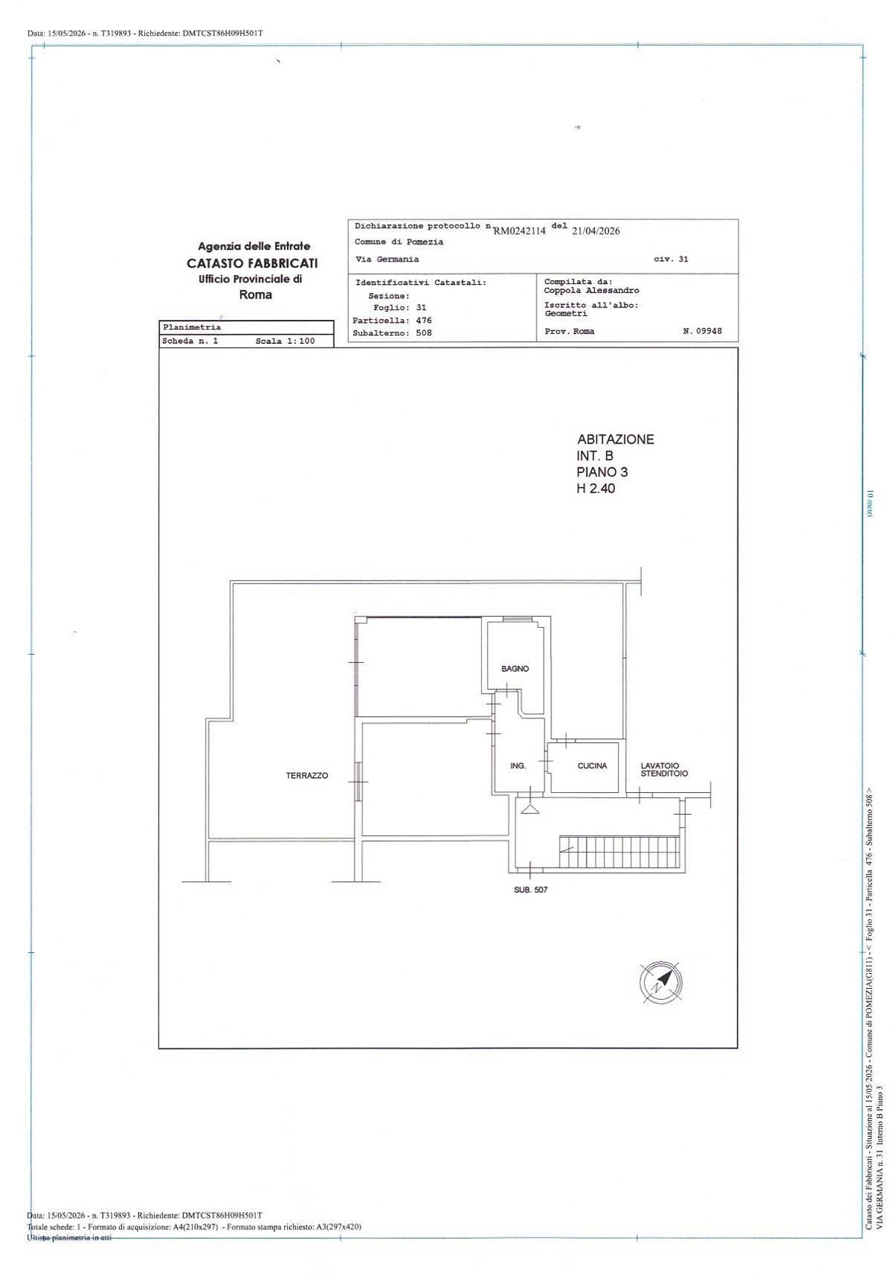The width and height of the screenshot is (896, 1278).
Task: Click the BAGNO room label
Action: point(514,668)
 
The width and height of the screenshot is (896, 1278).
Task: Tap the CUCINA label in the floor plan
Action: point(592,765)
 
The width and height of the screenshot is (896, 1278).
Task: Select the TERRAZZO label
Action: point(307,775)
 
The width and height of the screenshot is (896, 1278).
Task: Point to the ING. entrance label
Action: point(518,765)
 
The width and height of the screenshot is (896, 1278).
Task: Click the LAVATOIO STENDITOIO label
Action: point(664,770)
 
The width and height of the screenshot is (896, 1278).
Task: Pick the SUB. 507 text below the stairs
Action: point(531,889)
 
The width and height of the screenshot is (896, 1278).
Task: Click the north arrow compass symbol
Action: point(661,981)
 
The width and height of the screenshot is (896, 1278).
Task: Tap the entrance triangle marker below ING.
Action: point(530,809)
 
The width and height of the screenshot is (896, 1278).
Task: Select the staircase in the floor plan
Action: point(620,852)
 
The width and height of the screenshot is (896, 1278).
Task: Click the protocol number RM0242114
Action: point(519,231)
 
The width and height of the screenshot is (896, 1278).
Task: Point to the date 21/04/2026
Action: point(596,231)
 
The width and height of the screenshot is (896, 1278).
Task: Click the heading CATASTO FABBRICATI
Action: point(252,263)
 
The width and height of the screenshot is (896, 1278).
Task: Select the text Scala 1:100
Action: point(285,342)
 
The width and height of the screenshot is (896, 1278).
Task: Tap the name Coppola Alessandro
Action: point(591,291)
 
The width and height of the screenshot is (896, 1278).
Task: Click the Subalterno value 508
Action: point(424,333)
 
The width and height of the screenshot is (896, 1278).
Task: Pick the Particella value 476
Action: point(424,321)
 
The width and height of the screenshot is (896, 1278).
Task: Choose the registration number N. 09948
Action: point(702,331)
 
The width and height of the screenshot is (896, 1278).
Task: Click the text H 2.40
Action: point(596,488)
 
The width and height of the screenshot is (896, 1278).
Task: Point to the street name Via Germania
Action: point(387,259)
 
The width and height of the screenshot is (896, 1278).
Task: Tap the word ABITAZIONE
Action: point(616,439)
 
